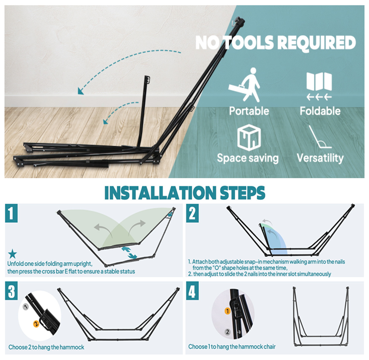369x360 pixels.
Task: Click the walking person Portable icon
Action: [245, 85]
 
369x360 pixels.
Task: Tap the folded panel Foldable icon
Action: [319, 81]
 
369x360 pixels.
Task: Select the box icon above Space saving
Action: [249, 138]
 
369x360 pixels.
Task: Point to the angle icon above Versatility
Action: [319, 137]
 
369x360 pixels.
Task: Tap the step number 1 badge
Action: [11, 213]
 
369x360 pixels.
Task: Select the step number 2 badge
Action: [192, 213]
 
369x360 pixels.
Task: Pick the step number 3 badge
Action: [11, 291]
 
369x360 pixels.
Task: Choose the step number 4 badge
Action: [192, 291]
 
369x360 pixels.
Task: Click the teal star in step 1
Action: [13, 254]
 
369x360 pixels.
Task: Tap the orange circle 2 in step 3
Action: [36, 324]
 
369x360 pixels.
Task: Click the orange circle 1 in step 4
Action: [227, 311]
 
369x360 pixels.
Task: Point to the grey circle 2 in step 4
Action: [227, 332]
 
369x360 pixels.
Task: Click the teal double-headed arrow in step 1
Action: [130, 253]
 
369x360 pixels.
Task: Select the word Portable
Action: [249, 111]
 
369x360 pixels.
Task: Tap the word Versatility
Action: [320, 158]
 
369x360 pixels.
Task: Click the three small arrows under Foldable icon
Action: [319, 97]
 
